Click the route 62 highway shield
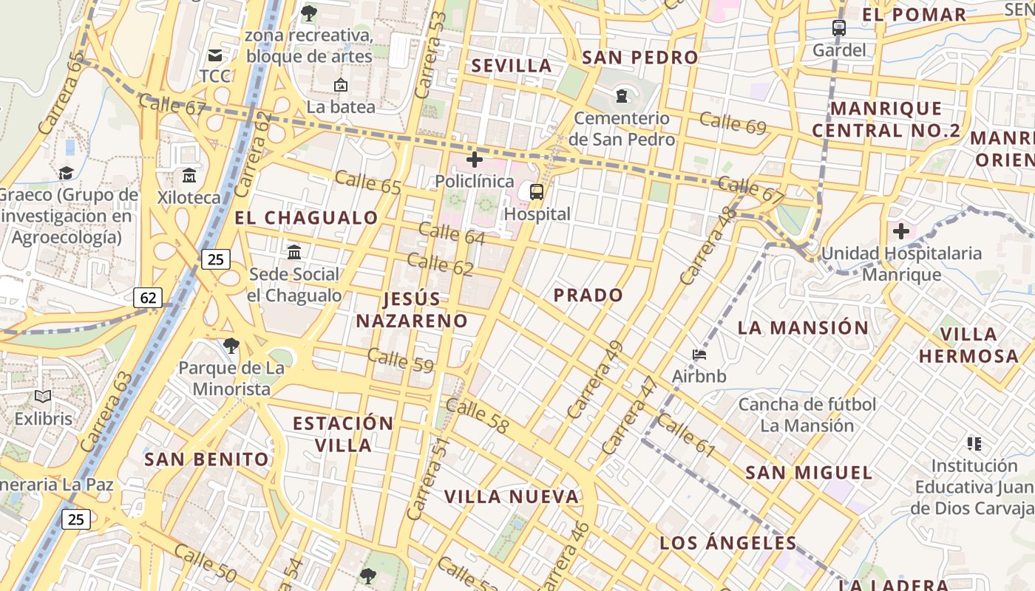coord(148,298)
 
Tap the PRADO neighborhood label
coord(588,295)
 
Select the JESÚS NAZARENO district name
coord(412,310)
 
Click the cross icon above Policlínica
coord(475,160)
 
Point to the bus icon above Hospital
coord(537,192)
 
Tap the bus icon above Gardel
coord(839,28)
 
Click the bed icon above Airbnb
coord(699,355)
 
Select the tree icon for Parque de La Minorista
coord(231,345)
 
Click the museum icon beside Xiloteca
coord(189,176)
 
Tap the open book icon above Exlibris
coord(44,397)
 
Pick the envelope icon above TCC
coord(215,55)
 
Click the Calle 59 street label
coord(400,360)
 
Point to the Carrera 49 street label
coord(596,380)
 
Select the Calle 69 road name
coord(733,123)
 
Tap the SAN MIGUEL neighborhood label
coord(809,473)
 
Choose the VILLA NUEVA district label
coord(512,496)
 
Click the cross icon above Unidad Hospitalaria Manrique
coord(901,231)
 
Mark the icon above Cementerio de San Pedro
coord(622,96)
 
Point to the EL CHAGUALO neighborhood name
coord(306,218)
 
